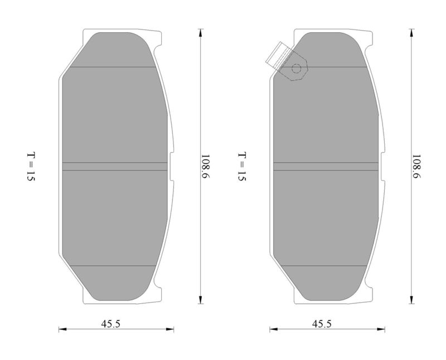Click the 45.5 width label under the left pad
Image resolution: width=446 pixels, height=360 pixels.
point(110,324)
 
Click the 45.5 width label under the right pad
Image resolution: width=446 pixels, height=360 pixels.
point(322,324)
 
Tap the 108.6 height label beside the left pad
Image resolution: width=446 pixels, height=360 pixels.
point(205,167)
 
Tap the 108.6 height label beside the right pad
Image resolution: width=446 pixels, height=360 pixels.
point(416,167)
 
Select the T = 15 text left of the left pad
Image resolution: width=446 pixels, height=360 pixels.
point(31,167)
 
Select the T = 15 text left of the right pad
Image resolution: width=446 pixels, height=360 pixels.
point(242,167)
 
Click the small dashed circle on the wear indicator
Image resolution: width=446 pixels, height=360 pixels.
point(296,69)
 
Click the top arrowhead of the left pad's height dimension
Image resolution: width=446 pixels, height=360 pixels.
point(201,32)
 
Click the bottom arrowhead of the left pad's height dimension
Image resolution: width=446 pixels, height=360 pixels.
point(201,300)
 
